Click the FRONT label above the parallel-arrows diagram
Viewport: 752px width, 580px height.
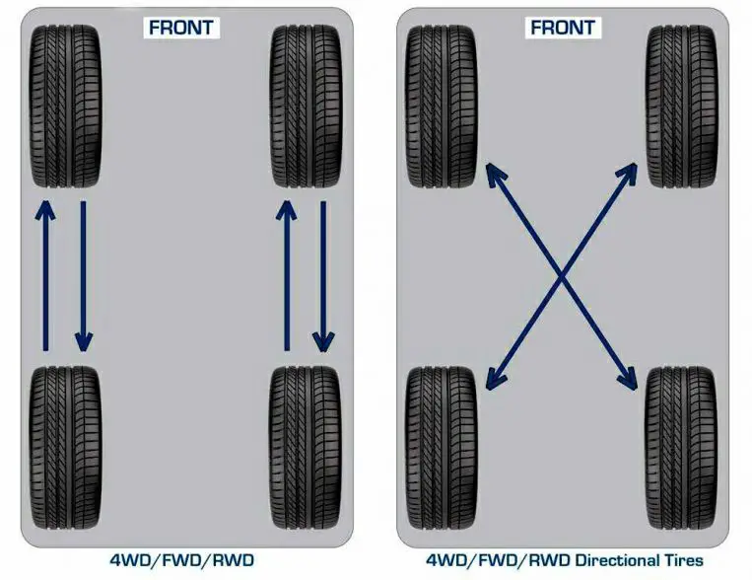pyautogui.click(x=181, y=28)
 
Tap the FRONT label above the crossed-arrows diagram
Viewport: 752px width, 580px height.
pyautogui.click(x=563, y=28)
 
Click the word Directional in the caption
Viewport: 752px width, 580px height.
pyautogui.click(x=617, y=560)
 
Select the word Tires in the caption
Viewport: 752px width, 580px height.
pyautogui.click(x=684, y=560)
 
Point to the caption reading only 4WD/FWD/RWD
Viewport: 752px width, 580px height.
pyautogui.click(x=181, y=560)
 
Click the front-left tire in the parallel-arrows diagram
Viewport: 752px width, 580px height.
pyautogui.click(x=65, y=106)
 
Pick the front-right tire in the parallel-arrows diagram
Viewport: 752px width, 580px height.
pyautogui.click(x=306, y=106)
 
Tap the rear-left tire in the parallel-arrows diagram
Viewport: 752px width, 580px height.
pyautogui.click(x=65, y=448)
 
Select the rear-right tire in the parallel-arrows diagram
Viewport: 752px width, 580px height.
pyautogui.click(x=306, y=448)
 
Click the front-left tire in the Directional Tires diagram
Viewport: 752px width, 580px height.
pyautogui.click(x=442, y=106)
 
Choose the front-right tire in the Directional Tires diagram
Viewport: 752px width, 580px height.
pyautogui.click(x=681, y=106)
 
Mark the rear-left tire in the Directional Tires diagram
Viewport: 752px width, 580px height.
pyautogui.click(x=442, y=448)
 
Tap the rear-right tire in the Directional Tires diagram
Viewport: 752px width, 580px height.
pyautogui.click(x=681, y=448)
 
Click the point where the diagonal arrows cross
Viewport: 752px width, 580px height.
pyautogui.click(x=561, y=276)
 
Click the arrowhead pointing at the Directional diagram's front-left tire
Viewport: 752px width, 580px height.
pyautogui.click(x=495, y=174)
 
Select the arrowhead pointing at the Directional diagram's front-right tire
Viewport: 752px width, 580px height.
pyautogui.click(x=627, y=174)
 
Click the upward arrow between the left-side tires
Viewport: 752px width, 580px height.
pyautogui.click(x=45, y=275)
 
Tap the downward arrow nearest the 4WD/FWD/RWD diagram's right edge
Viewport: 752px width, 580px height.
pyautogui.click(x=323, y=276)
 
